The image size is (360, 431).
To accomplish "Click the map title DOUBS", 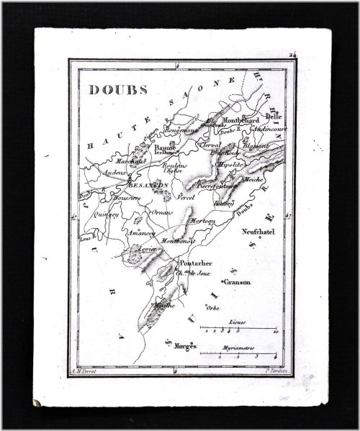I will [x=114, y=91].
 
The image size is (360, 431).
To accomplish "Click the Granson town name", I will [x=239, y=283].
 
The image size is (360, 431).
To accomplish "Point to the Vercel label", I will [x=186, y=196].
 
